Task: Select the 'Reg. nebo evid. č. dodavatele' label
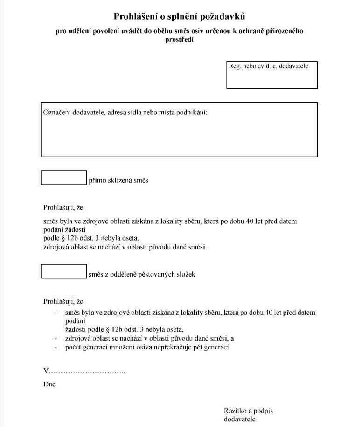coord(268,66)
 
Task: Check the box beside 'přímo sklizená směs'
coord(64,178)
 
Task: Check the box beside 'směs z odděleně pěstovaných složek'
coord(64,271)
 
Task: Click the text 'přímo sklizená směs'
coord(118,181)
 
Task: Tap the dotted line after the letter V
coord(87,371)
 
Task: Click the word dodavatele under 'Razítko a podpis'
coord(240,419)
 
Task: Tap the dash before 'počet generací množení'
coord(56,348)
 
